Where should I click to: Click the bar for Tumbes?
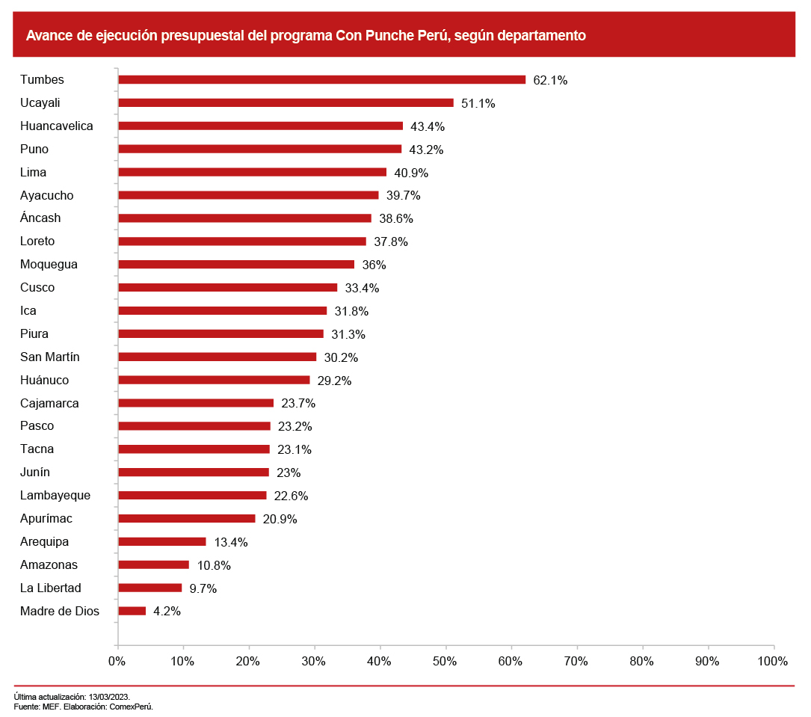point(321,80)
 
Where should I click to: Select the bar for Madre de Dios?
point(132,611)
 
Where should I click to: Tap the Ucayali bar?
point(286,103)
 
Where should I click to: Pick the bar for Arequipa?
point(162,541)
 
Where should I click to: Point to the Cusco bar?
point(228,288)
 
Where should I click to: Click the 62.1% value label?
point(550,81)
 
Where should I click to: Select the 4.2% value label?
point(167,612)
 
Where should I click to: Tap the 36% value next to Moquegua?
point(374,265)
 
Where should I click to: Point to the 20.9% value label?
point(280,519)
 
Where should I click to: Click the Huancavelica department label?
point(57,126)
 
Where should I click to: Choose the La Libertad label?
point(51,588)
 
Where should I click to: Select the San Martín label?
point(50,357)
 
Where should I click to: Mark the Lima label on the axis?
point(34,173)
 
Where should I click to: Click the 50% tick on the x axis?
point(445,662)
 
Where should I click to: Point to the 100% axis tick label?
point(772,662)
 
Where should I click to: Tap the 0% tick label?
point(117,662)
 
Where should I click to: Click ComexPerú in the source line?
point(132,707)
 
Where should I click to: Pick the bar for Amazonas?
point(154,564)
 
